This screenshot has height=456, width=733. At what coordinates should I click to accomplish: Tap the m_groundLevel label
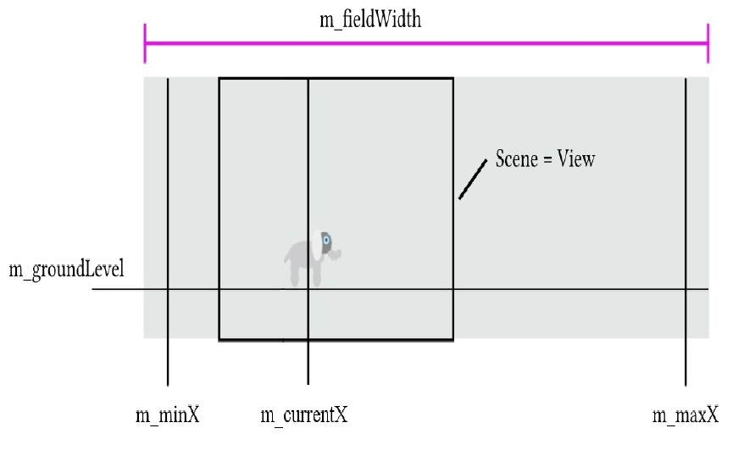pos(66,270)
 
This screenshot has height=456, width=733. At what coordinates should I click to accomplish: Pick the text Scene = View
pos(545,159)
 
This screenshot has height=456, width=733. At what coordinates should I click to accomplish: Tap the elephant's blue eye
pos(325,241)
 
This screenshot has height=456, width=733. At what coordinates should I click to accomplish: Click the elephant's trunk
pos(336,253)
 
